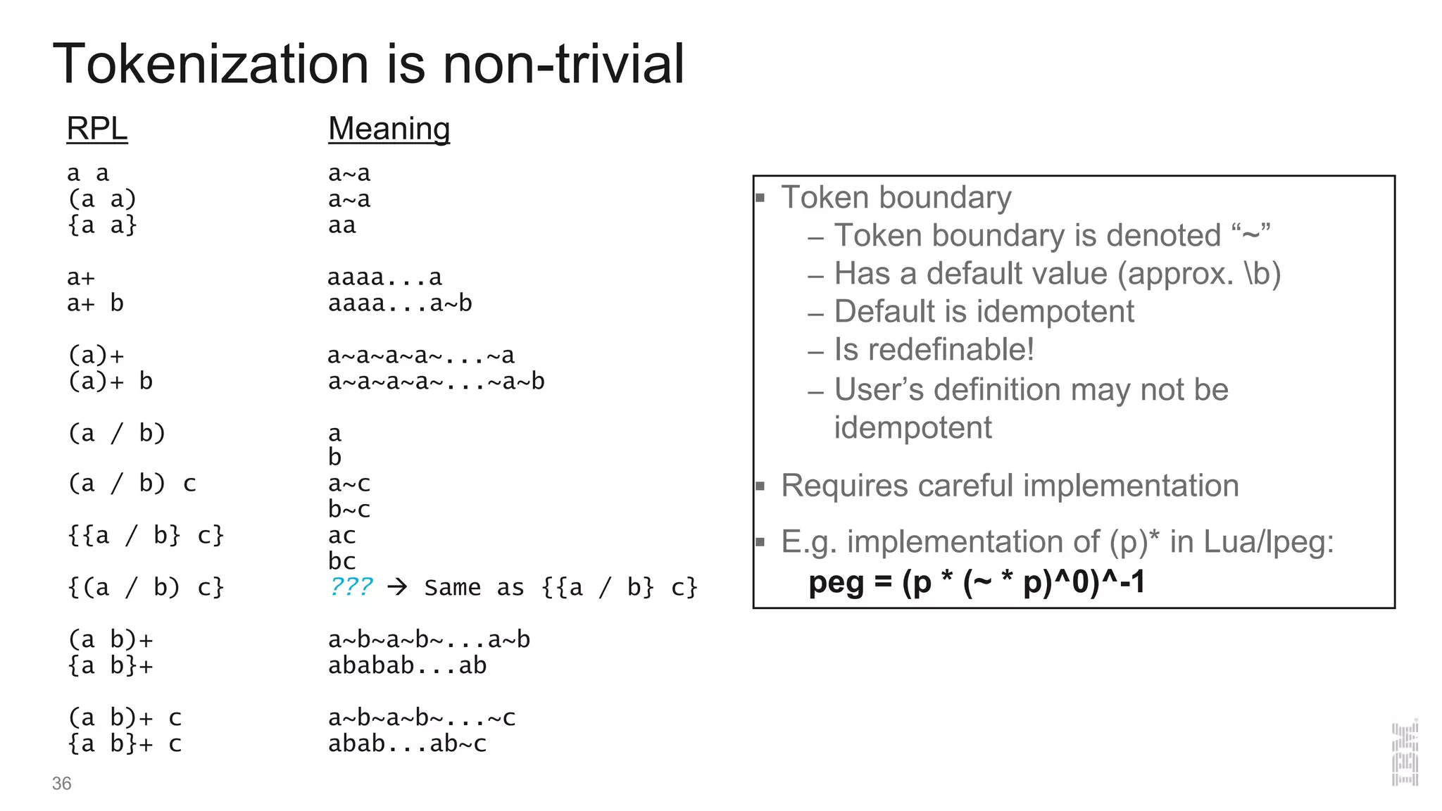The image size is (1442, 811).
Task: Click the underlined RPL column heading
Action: pyautogui.click(x=97, y=129)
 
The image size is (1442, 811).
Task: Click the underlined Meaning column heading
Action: pyautogui.click(x=389, y=129)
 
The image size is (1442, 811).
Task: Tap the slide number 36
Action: pyautogui.click(x=61, y=784)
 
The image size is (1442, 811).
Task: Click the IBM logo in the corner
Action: pyautogui.click(x=1404, y=753)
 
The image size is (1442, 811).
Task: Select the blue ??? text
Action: pyautogui.click(x=351, y=586)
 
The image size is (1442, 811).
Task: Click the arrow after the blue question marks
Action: pyautogui.click(x=398, y=586)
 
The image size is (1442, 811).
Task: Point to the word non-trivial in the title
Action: pyautogui.click(x=563, y=64)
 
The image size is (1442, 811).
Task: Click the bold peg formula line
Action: pyautogui.click(x=977, y=582)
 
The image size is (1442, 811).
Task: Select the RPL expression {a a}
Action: pyautogui.click(x=102, y=225)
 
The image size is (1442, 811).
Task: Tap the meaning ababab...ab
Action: pyautogui.click(x=407, y=665)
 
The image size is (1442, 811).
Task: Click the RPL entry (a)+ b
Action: pyautogui.click(x=110, y=382)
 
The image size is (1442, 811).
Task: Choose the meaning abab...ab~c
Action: pyautogui.click(x=407, y=743)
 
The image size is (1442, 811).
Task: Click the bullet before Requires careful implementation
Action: pyautogui.click(x=760, y=486)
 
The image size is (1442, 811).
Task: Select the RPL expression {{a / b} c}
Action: pyautogui.click(x=146, y=536)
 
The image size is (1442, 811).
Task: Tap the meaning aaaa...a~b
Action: pyautogui.click(x=399, y=303)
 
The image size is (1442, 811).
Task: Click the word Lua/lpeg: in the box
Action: pyautogui.click(x=1268, y=542)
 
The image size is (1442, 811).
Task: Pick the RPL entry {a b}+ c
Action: pyautogui.click(x=125, y=743)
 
